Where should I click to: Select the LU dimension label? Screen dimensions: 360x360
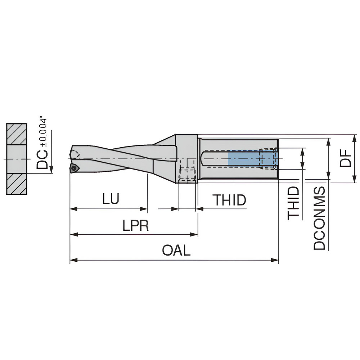pyautogui.click(x=111, y=199)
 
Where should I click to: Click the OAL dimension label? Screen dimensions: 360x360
pyautogui.click(x=176, y=251)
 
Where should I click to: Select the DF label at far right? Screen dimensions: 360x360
pyautogui.click(x=346, y=158)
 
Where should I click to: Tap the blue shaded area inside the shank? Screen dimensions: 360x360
pyautogui.click(x=244, y=158)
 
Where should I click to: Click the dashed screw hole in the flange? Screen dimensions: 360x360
pyautogui.click(x=187, y=175)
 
